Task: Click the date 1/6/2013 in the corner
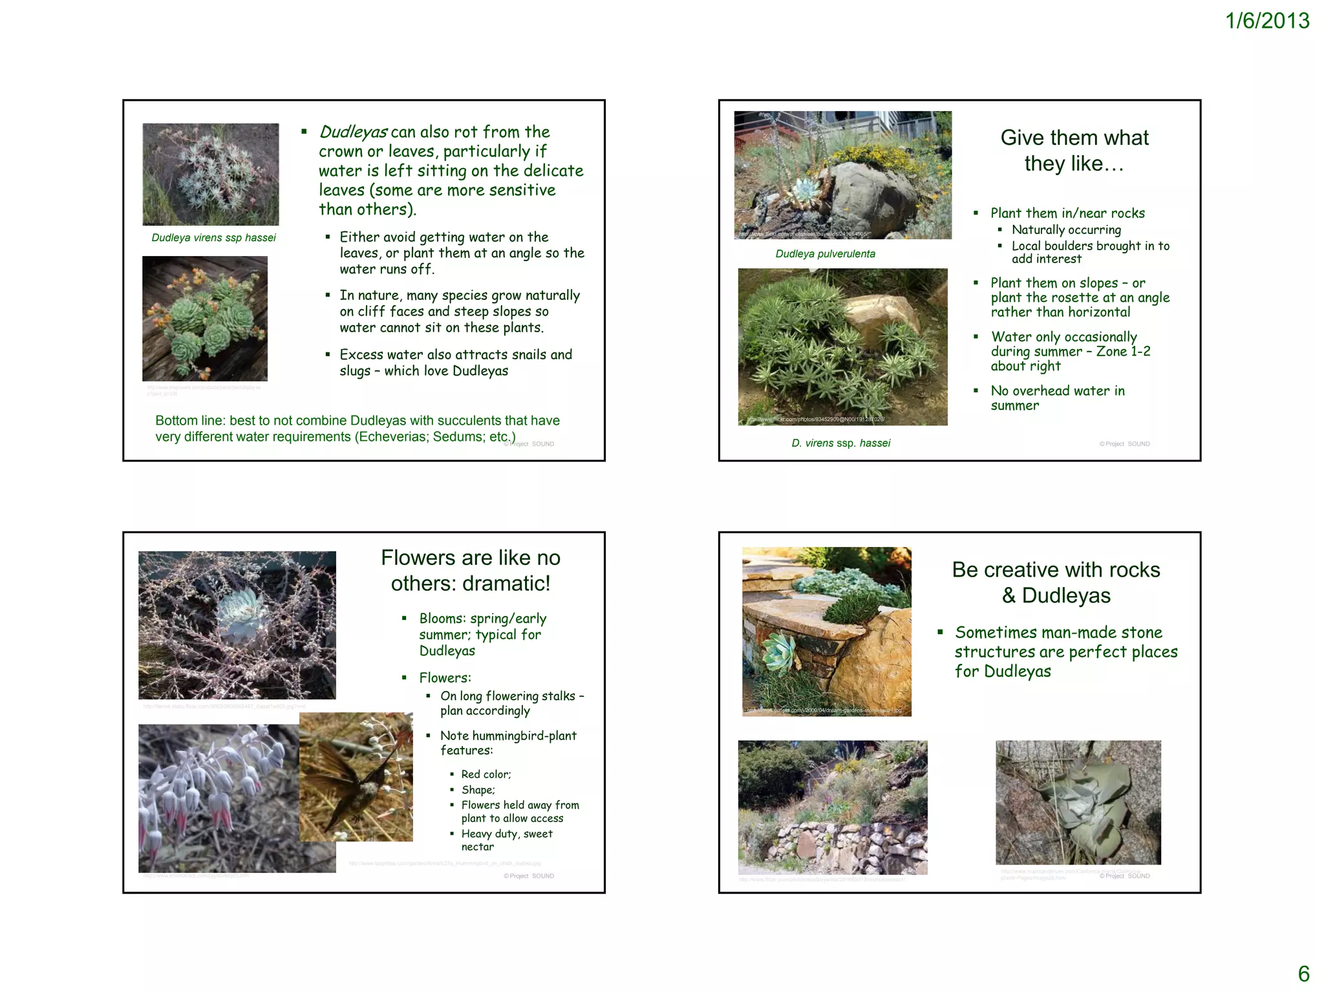point(1267,21)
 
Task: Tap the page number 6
point(1303,974)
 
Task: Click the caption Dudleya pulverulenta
point(825,254)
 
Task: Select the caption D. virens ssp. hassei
point(840,443)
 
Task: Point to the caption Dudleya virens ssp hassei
point(213,238)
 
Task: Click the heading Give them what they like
point(1074,151)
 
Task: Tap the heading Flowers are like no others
point(471,570)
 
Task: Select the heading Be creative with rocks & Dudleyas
point(1056,582)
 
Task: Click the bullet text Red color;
point(486,774)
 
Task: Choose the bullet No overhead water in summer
point(1057,398)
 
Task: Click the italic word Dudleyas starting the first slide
point(353,133)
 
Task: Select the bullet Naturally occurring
point(1066,230)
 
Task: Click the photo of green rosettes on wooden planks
point(205,319)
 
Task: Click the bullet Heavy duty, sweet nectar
point(507,840)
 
